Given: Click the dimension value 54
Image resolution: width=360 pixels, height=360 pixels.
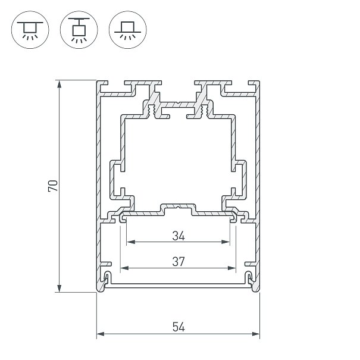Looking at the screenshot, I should coord(179,326).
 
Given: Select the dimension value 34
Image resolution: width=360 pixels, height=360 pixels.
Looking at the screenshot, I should coord(179,236).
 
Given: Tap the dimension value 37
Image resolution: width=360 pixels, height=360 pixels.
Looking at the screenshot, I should coord(179,261).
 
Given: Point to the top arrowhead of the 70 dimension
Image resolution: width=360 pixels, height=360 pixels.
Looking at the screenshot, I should coord(60,84).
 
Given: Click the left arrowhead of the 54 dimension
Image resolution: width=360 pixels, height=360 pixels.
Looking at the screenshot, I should coord(101,334).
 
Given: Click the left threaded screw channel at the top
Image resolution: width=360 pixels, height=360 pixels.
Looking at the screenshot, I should coord(152,109).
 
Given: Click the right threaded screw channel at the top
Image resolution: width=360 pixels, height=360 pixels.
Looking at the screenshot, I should coord(205,109).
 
